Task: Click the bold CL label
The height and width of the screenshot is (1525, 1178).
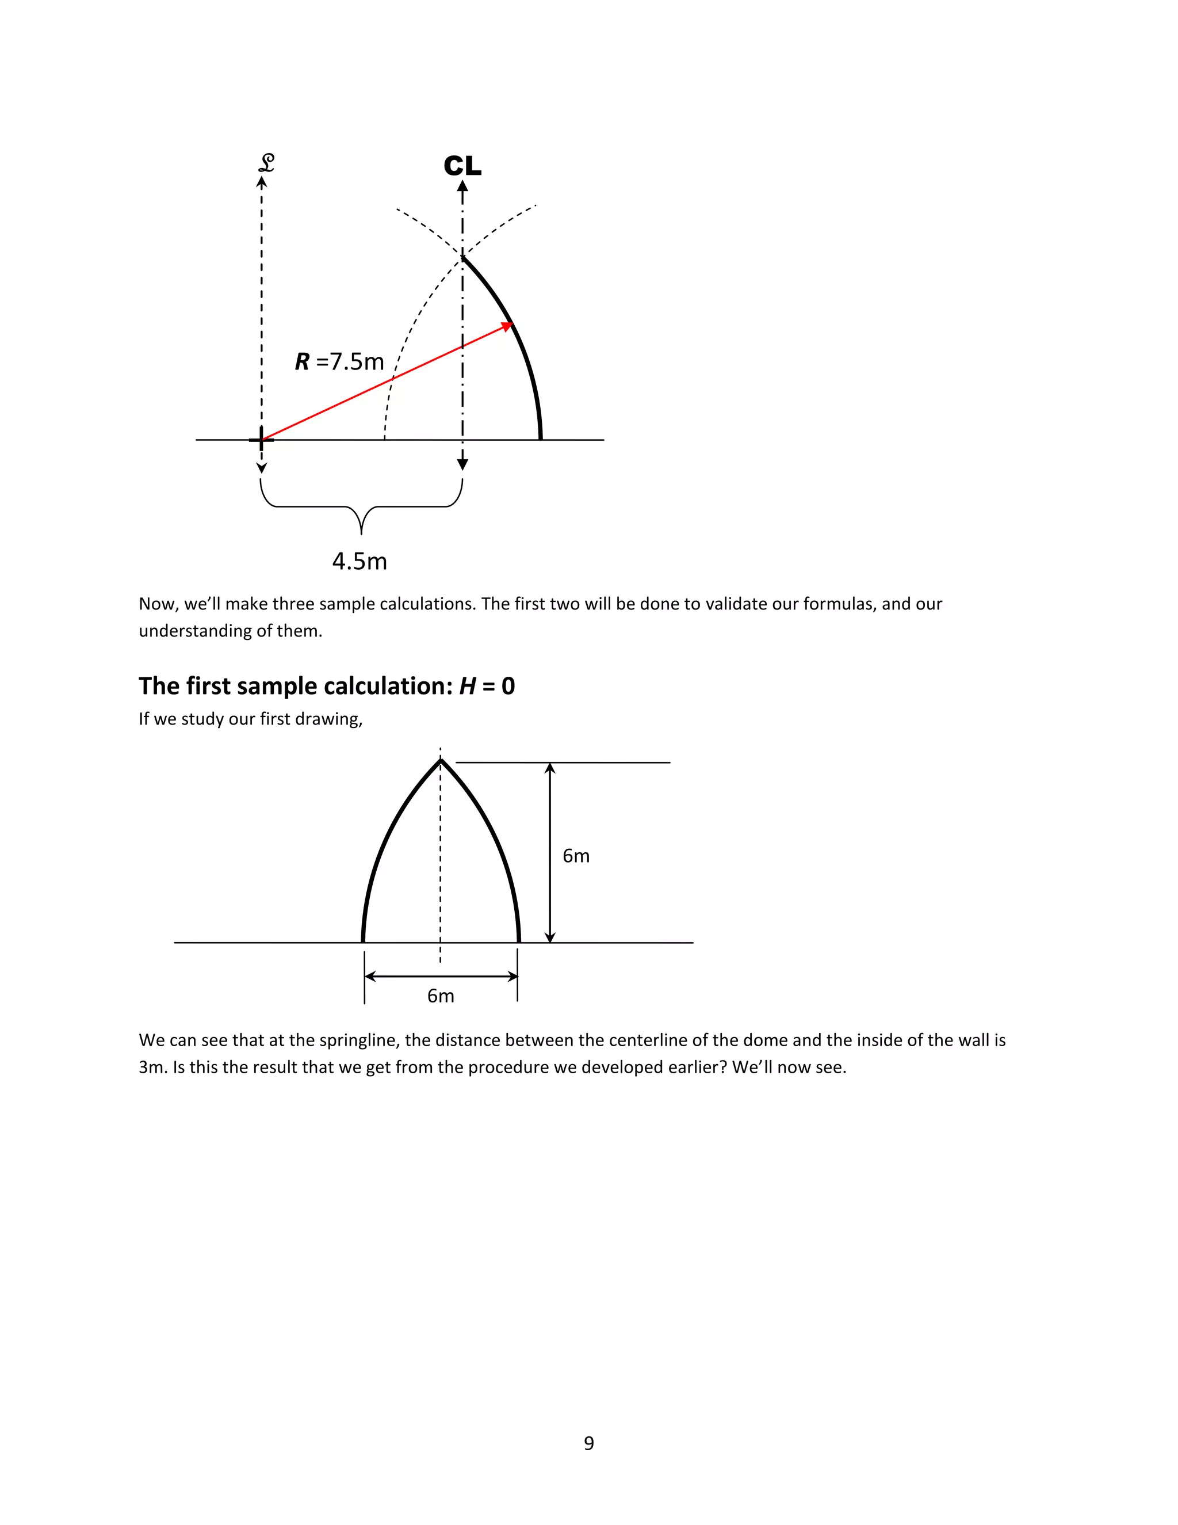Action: pyautogui.click(x=462, y=166)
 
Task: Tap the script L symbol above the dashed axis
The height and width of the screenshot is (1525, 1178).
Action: pyautogui.click(x=266, y=163)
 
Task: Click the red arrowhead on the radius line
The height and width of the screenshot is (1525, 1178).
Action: pyautogui.click(x=507, y=326)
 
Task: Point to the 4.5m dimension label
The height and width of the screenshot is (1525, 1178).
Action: pyautogui.click(x=359, y=561)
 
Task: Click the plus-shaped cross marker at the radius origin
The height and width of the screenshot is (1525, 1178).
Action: pyautogui.click(x=262, y=440)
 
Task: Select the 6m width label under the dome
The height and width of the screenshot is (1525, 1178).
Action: pyautogui.click(x=441, y=996)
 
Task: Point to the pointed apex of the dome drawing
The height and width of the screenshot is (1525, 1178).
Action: pyautogui.click(x=441, y=761)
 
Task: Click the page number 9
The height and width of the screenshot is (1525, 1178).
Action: pyautogui.click(x=589, y=1443)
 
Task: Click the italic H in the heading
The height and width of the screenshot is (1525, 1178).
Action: pyautogui.click(x=467, y=686)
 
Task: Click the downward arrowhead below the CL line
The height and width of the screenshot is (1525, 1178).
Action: pyautogui.click(x=462, y=464)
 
